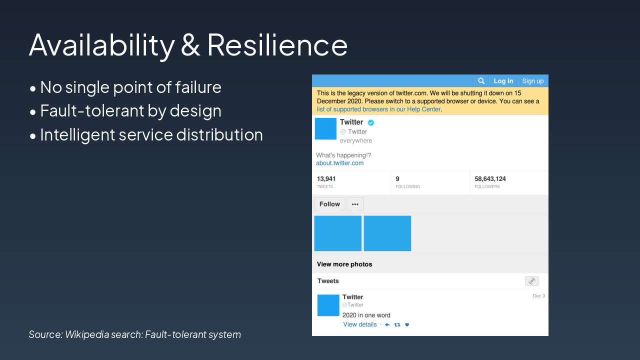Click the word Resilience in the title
[x=277, y=45]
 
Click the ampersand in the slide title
[x=190, y=45]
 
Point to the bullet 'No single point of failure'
[x=130, y=87]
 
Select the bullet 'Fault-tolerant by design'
[x=130, y=111]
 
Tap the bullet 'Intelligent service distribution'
[x=151, y=135]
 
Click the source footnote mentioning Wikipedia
[x=135, y=334]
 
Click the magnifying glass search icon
[x=481, y=81]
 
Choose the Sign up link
[x=532, y=81]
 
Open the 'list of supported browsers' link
[x=378, y=109]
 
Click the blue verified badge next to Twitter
[x=371, y=122]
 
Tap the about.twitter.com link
[x=339, y=163]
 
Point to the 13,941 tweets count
[x=326, y=179]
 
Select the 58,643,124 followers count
[x=490, y=179]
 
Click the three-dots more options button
[x=355, y=204]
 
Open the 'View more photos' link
[x=344, y=264]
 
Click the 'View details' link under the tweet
[x=359, y=324]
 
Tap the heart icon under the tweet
[x=407, y=325]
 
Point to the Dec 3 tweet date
[x=538, y=296]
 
